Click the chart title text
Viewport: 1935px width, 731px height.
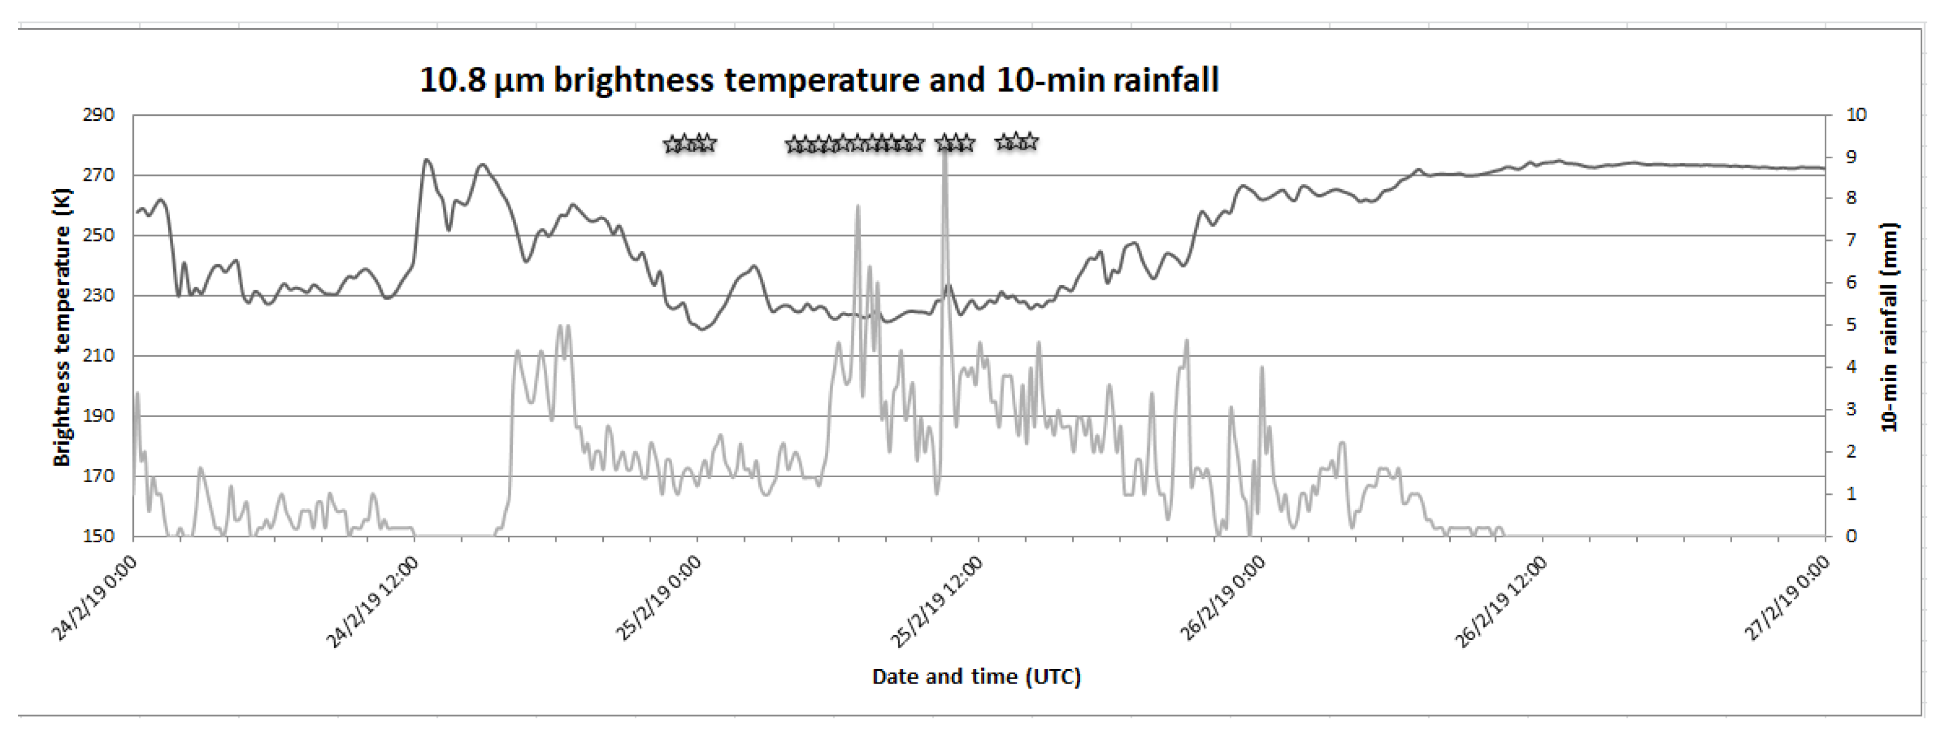(819, 79)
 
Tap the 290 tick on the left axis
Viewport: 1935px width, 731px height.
(98, 115)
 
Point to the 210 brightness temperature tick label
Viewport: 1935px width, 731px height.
(98, 355)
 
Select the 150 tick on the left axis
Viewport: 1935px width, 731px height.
(98, 536)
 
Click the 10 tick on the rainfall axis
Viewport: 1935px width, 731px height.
(1856, 115)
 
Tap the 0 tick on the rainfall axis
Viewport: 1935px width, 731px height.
(1851, 536)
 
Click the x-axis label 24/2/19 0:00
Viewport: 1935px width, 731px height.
(94, 599)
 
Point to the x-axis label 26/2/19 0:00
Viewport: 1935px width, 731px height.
(1222, 599)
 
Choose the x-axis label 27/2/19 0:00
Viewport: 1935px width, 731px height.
(1786, 599)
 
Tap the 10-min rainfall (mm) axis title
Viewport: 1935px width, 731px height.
(1890, 327)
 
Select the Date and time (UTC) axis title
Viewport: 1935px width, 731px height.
(975, 677)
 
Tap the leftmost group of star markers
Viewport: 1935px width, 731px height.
(689, 143)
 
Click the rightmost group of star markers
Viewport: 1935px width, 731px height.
(1016, 141)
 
